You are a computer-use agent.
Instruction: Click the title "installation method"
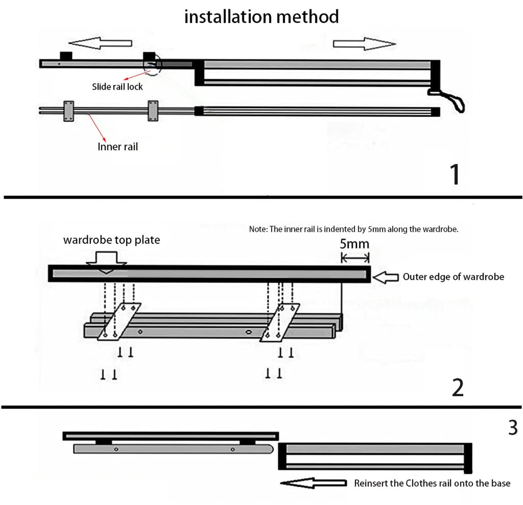(261, 17)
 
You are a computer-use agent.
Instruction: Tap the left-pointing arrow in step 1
(100, 43)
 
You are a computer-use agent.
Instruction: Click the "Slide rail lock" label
(117, 87)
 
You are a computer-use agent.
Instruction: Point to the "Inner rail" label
(118, 146)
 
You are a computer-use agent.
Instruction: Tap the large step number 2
(458, 388)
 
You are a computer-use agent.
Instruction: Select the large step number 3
(513, 428)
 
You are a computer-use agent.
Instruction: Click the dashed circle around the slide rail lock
(153, 64)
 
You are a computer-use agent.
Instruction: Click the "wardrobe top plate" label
(111, 240)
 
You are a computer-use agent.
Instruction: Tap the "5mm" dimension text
(354, 244)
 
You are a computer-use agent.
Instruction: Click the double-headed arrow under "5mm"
(355, 259)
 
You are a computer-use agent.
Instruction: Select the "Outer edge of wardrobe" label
(453, 277)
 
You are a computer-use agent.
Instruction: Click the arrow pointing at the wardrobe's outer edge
(385, 278)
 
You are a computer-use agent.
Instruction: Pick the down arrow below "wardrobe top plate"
(106, 261)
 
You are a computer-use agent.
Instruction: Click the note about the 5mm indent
(353, 229)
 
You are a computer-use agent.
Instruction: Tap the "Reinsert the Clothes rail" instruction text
(432, 483)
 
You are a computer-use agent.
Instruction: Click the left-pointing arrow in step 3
(313, 483)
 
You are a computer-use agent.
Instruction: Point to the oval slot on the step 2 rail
(249, 332)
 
